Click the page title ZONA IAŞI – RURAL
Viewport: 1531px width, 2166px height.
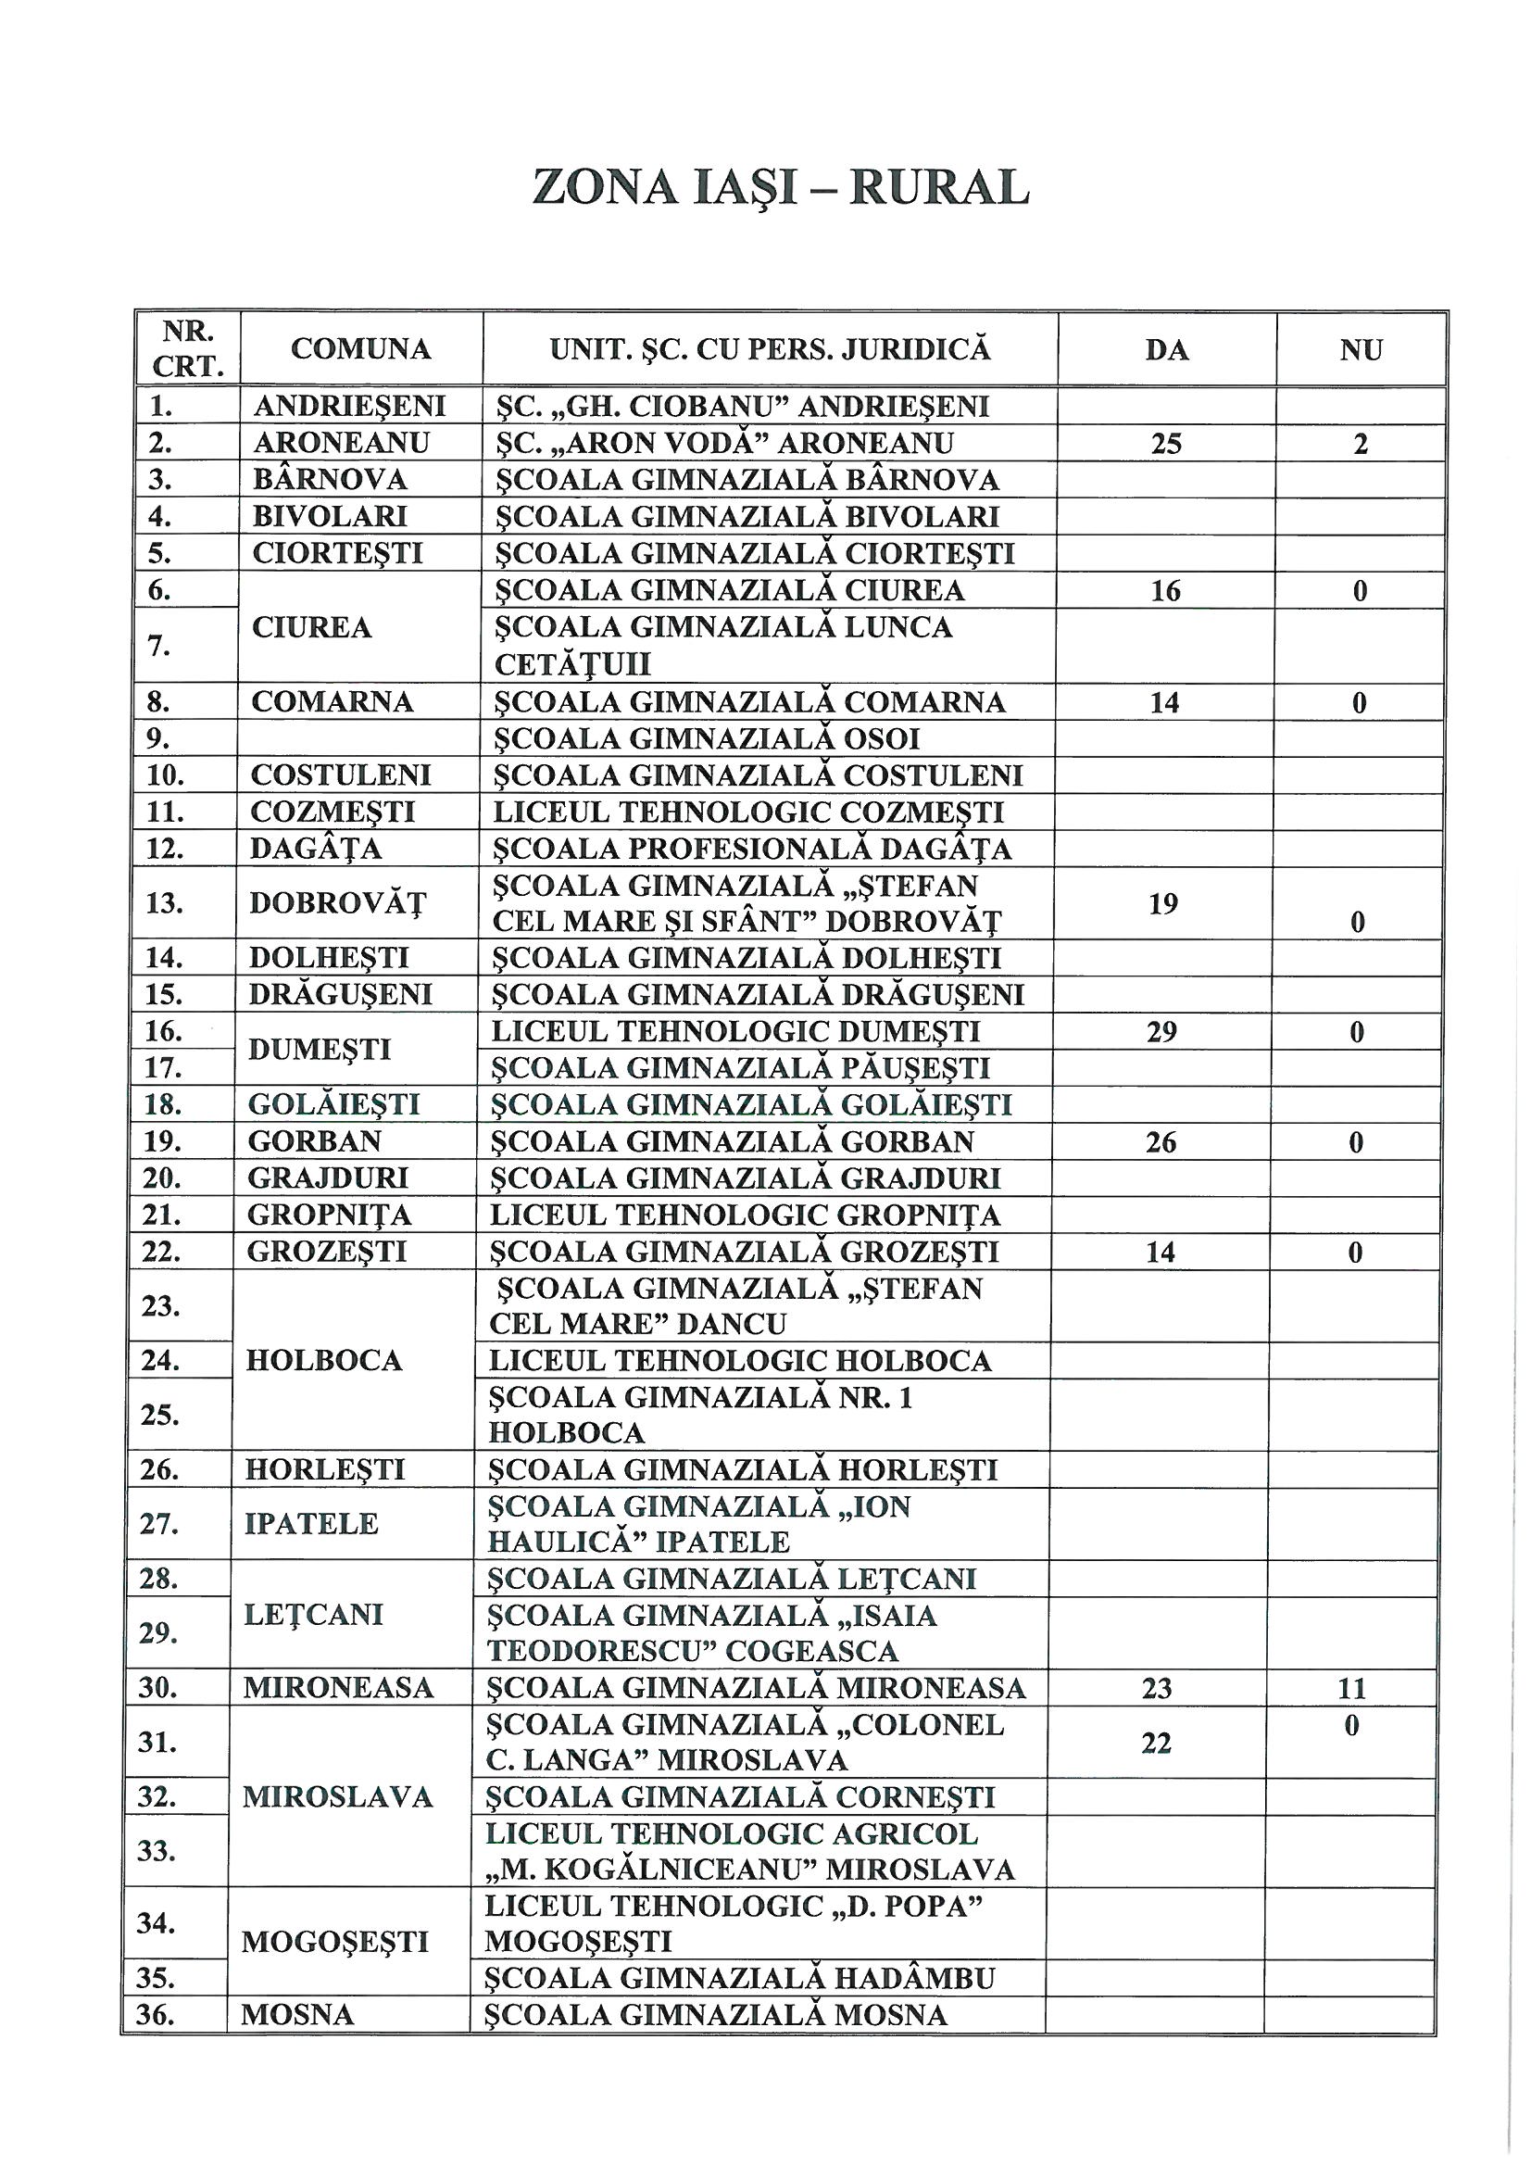[780, 188]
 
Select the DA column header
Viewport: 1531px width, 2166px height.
[1166, 350]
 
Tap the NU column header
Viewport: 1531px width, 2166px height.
[1361, 350]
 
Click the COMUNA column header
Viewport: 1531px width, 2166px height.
[360, 349]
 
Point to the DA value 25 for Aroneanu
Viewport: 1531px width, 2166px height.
[1166, 444]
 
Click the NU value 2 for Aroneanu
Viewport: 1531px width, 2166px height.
[1361, 444]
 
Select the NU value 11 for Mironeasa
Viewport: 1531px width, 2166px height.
[1350, 1688]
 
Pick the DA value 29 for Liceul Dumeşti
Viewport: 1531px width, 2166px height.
[1161, 1032]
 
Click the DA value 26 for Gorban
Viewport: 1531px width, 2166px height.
[1161, 1142]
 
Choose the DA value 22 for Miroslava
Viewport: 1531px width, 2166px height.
[1157, 1744]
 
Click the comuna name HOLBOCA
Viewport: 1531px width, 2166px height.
[323, 1360]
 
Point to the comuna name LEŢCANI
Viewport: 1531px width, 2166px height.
[313, 1615]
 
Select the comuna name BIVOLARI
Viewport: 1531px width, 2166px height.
[329, 517]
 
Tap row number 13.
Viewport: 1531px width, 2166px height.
[163, 904]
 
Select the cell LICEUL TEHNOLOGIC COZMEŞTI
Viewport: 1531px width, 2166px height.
[749, 812]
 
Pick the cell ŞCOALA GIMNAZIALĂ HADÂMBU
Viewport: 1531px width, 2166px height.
[739, 1978]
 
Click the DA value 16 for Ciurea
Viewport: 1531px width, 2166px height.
[1166, 590]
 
